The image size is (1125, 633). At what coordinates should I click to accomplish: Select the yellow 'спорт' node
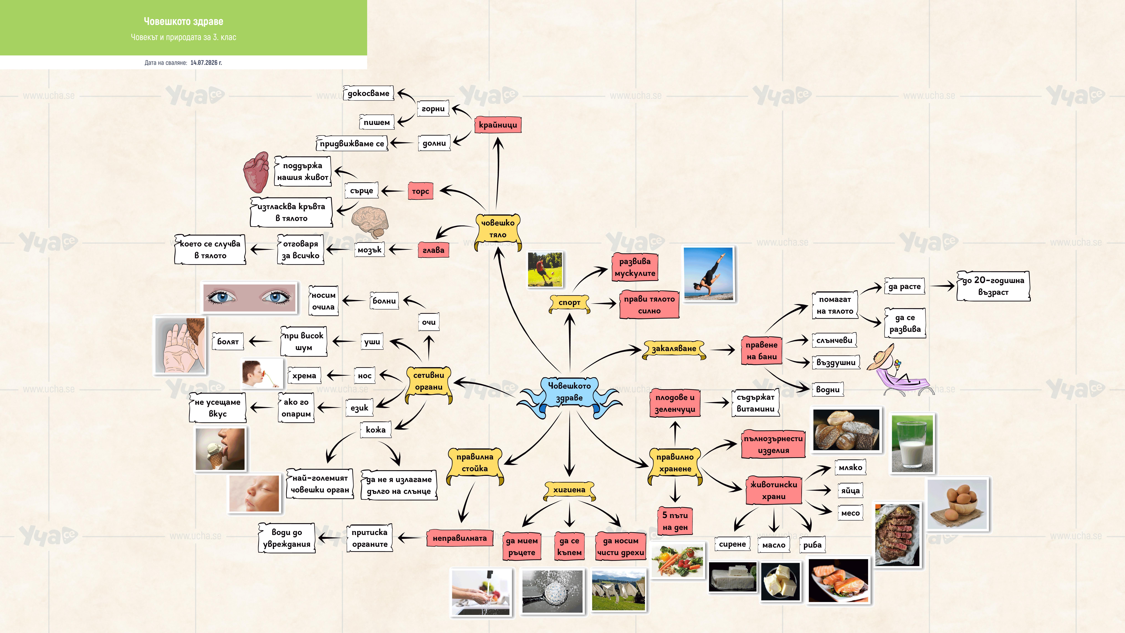pyautogui.click(x=569, y=302)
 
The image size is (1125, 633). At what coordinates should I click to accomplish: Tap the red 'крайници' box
pyautogui.click(x=498, y=125)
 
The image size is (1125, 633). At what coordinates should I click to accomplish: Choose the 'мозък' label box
pyautogui.click(x=370, y=250)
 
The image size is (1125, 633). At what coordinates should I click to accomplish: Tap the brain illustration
pyautogui.click(x=370, y=222)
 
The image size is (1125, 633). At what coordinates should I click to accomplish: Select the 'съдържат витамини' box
pyautogui.click(x=755, y=403)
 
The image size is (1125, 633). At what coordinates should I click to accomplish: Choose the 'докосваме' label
pyautogui.click(x=368, y=93)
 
